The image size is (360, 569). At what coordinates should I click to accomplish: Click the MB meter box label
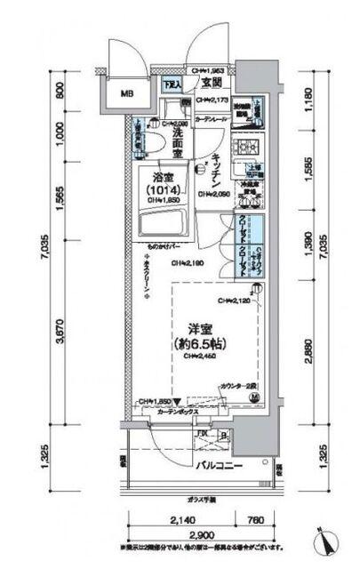point(128,92)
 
